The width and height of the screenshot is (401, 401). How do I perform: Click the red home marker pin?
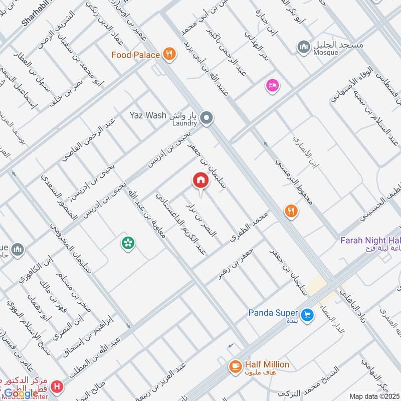(200, 181)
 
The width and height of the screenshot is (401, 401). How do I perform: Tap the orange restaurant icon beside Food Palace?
(170, 55)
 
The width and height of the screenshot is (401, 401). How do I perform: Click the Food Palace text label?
(135, 55)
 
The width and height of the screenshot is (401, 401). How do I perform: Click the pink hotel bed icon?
(273, 86)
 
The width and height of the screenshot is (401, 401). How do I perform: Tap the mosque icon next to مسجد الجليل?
(303, 48)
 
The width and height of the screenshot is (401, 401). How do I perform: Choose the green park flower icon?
(128, 244)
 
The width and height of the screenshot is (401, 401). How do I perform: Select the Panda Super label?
(273, 313)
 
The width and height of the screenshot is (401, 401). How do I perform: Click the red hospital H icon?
(59, 387)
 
